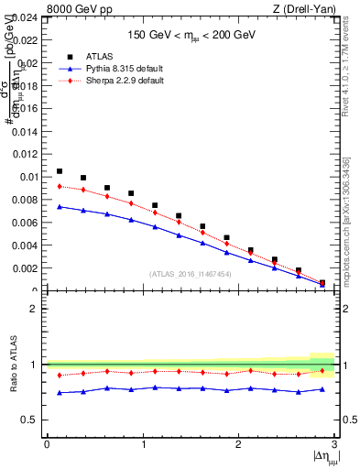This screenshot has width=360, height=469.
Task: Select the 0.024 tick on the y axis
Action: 25,17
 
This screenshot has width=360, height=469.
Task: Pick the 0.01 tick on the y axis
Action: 28,177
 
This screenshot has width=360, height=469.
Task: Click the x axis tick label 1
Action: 142,444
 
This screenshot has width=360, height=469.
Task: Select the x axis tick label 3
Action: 334,444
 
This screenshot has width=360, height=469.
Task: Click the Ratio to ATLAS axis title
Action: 12,365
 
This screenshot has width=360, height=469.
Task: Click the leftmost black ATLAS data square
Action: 60,171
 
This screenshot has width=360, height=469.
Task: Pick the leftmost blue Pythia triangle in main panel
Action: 60,207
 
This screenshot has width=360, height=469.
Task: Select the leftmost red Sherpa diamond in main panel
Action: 60,186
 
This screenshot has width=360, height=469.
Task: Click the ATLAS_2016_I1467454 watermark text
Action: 191,273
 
